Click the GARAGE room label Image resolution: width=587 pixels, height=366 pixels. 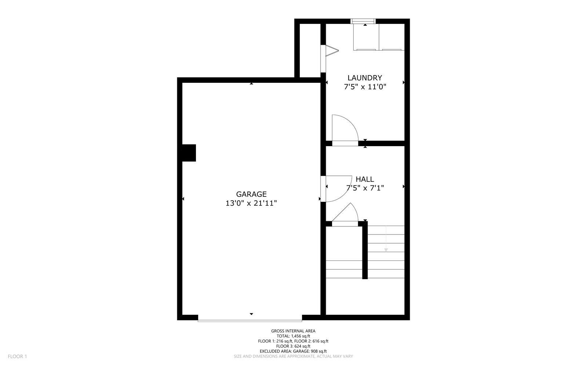tap(251, 194)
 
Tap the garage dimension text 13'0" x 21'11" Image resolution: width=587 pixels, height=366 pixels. tap(251, 203)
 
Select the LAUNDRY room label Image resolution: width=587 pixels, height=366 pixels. tap(365, 78)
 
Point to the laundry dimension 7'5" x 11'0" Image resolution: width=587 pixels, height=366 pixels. tap(365, 87)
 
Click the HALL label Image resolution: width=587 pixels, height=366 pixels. tap(365, 179)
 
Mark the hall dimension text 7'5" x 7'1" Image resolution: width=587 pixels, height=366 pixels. tap(365, 188)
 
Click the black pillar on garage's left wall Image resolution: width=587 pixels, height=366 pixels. tap(189, 153)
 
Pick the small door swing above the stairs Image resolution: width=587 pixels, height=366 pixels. tap(347, 214)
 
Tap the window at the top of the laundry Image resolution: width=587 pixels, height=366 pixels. tap(363, 21)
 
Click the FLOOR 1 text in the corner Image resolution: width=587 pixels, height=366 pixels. tap(18, 356)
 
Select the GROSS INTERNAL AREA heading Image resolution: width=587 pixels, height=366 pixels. tap(293, 331)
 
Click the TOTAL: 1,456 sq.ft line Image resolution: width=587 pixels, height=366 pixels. tap(293, 336)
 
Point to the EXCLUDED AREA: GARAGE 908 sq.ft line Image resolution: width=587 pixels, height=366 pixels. tap(293, 351)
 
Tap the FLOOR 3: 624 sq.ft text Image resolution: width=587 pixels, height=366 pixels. tap(293, 346)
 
